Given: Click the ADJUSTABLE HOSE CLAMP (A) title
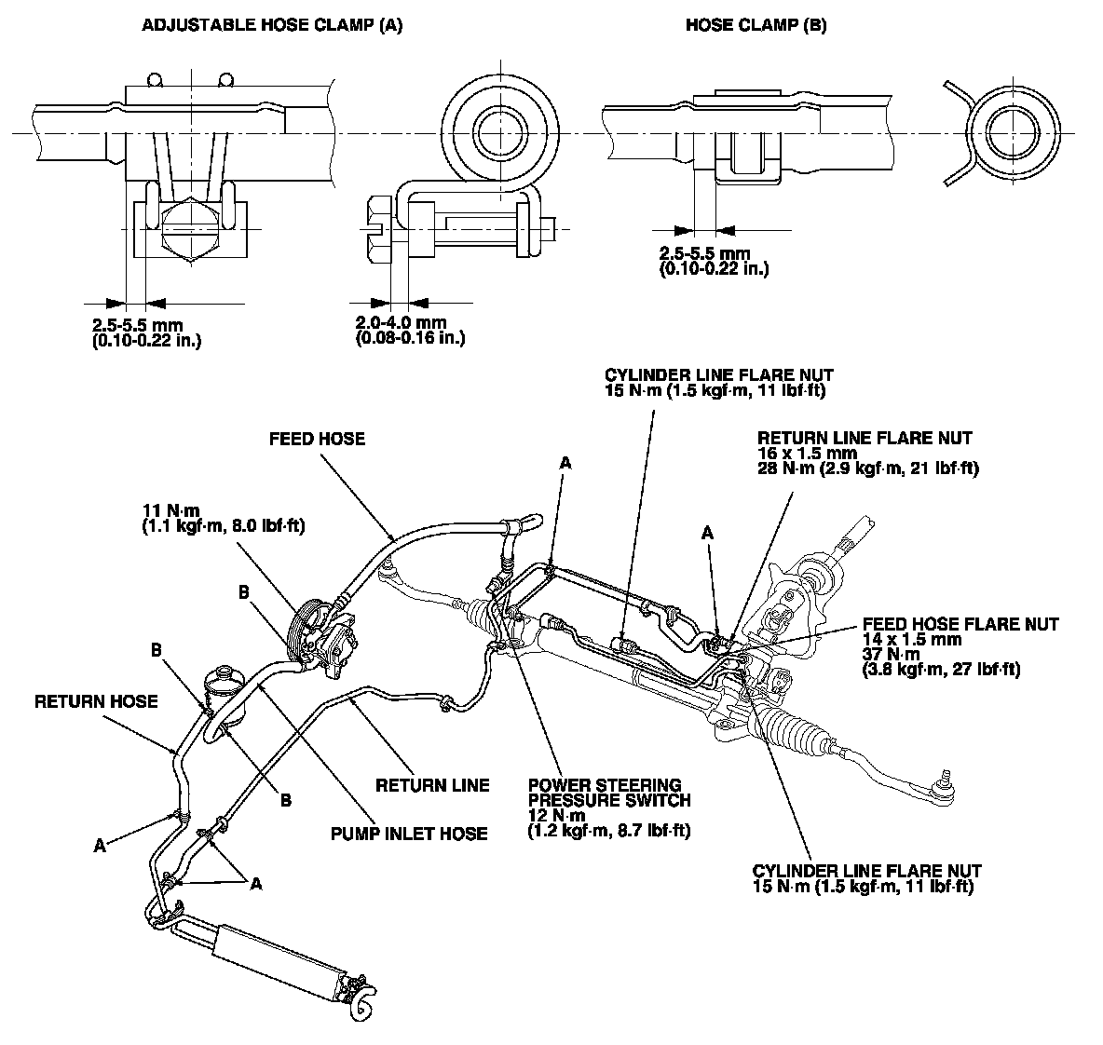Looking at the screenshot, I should pos(271,25).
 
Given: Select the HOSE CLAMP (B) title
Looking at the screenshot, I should pos(756,25).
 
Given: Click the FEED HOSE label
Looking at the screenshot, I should pos(317,438).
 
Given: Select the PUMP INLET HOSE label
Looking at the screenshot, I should pos(409,833).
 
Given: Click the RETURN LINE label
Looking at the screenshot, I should pos(432,785).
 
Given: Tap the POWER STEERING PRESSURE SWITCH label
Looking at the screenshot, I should pos(609,793).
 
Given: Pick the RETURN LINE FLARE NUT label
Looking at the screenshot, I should pos(865,438).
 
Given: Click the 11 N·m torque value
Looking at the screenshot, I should pos(170,509).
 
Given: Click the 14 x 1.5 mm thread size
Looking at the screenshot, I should pos(909,640).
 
